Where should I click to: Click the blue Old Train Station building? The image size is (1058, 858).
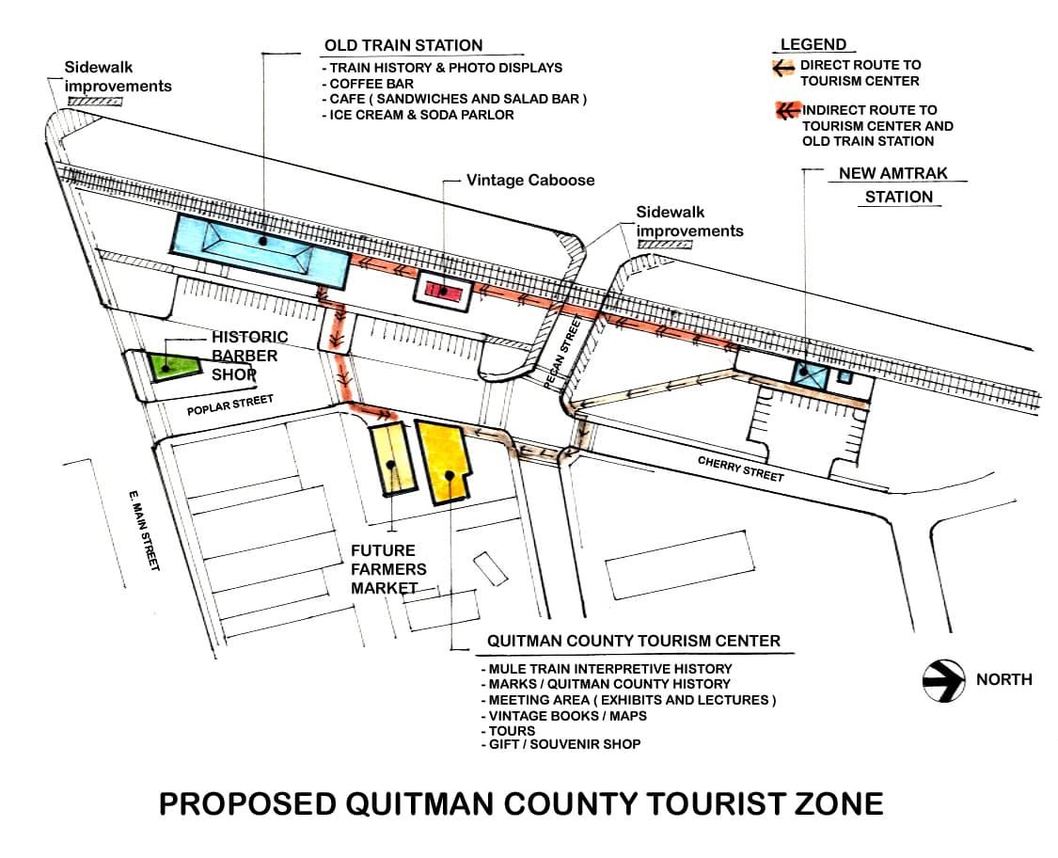tap(260, 248)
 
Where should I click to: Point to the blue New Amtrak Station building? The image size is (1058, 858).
tap(810, 373)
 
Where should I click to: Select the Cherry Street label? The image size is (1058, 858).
tap(740, 468)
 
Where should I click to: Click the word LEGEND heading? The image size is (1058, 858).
tap(813, 44)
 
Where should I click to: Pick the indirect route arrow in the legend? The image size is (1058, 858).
tap(786, 111)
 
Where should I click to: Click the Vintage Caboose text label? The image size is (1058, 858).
tap(530, 180)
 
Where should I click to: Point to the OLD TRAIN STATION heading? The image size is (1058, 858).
tap(403, 45)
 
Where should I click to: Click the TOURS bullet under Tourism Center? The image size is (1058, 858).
tap(512, 730)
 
